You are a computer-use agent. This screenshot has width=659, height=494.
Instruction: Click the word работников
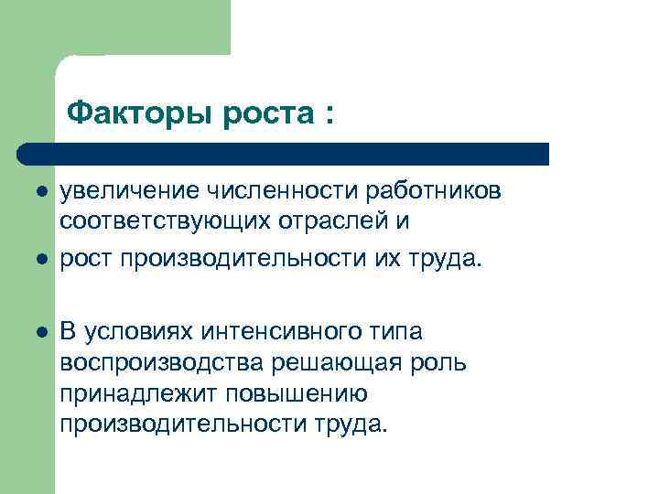(433, 191)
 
